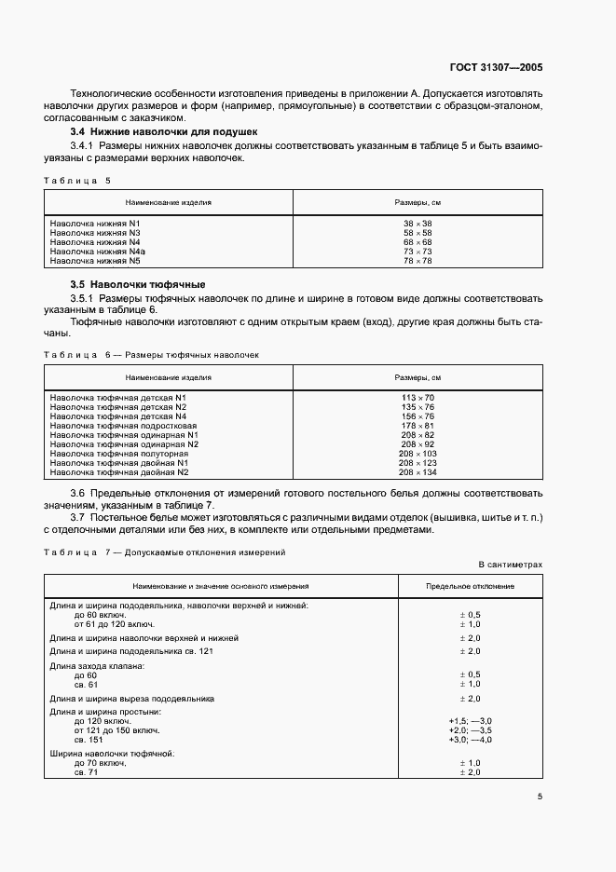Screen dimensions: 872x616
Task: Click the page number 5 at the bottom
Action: (x=540, y=796)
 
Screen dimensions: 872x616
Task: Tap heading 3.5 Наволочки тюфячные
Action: (x=138, y=284)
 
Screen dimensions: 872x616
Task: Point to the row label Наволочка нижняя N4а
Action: (x=98, y=252)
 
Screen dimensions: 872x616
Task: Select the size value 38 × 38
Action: (x=418, y=224)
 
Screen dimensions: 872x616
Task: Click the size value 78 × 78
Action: (x=418, y=261)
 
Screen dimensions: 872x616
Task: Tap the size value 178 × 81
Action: (x=418, y=426)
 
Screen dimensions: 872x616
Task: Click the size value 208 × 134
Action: (x=418, y=472)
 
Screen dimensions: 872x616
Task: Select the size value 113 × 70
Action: (x=418, y=398)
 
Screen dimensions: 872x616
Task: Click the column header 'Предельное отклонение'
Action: (x=470, y=587)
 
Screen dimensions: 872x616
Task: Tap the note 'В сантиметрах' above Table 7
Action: (x=510, y=565)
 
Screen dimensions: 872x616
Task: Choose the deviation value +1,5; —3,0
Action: (x=471, y=721)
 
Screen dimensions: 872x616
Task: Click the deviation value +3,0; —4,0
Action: (x=471, y=740)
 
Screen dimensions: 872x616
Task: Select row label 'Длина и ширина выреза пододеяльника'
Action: (x=132, y=698)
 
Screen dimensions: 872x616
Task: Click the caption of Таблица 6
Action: (x=153, y=355)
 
